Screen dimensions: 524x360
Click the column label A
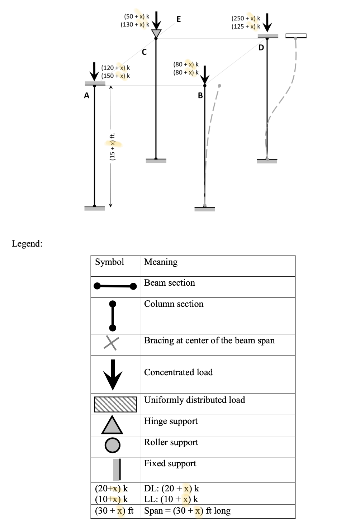point(86,95)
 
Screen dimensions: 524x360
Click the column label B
point(200,95)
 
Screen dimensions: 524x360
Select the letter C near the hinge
point(144,52)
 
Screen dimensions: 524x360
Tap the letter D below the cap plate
point(261,48)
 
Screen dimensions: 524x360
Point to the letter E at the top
point(179,19)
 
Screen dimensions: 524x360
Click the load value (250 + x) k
point(246,18)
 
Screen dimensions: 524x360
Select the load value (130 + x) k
point(135,25)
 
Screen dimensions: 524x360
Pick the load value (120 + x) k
point(115,68)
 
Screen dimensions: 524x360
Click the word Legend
point(27,244)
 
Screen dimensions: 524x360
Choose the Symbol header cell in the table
point(110,262)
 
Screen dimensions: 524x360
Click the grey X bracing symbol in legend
point(111,343)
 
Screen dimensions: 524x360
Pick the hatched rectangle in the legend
point(115,404)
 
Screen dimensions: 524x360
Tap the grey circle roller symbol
point(112,445)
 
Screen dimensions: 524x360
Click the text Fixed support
point(170,463)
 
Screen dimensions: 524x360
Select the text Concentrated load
point(178,372)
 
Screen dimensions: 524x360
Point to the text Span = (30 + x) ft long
point(187,511)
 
